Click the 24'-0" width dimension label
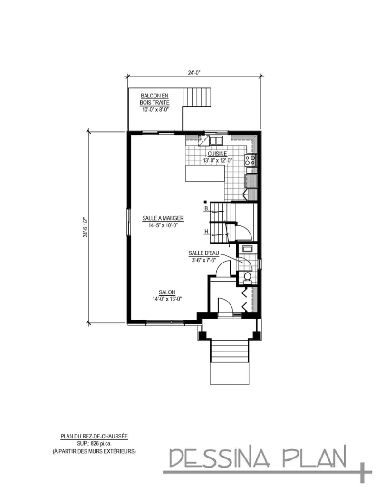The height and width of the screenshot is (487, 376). pos(193,72)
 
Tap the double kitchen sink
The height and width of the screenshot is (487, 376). pos(216,140)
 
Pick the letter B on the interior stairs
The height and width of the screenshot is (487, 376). pos(206,208)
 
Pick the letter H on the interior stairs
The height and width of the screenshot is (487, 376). pos(206,232)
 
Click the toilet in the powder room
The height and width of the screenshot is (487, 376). pos(246,277)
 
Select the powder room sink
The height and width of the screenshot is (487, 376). pos(247,248)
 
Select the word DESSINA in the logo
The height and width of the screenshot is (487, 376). pos(220,458)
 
